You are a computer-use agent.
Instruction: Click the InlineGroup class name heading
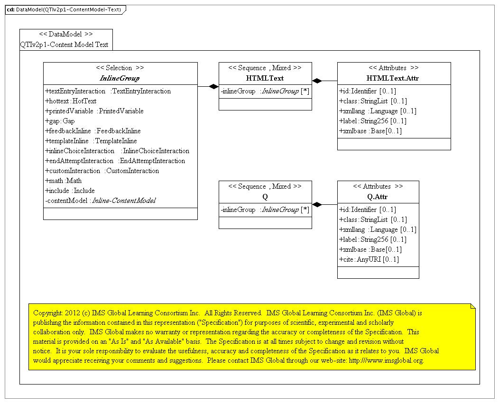pos(120,78)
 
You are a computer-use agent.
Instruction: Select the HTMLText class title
pos(265,78)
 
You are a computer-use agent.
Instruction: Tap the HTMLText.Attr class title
pos(393,78)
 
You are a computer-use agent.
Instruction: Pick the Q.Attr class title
pos(378,197)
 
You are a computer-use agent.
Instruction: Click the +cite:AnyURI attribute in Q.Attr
pos(369,259)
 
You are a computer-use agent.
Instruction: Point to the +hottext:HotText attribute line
pos(71,101)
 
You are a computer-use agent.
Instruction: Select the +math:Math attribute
pos(64,181)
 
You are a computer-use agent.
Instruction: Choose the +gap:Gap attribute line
pos(60,121)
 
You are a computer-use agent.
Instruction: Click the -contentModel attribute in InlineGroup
pos(100,201)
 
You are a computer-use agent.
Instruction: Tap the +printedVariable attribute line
pos(94,111)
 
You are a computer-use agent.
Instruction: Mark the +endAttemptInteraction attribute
pos(115,161)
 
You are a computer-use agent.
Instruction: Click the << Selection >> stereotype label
pos(120,68)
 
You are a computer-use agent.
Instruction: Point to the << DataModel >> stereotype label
pos(66,34)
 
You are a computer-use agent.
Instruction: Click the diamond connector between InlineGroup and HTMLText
pos(213,86)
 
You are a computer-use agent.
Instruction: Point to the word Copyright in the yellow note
pos(48,313)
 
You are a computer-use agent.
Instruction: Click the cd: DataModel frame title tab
pos(64,9)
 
